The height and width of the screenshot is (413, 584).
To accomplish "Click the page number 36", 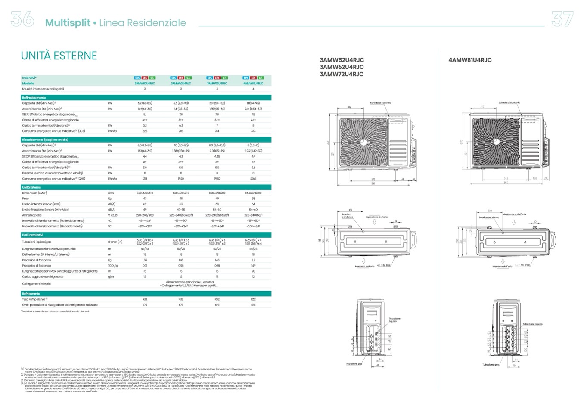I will (x=22, y=19).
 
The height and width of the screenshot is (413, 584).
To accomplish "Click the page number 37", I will (x=562, y=19).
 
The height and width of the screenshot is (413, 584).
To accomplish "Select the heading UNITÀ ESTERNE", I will (x=59, y=56).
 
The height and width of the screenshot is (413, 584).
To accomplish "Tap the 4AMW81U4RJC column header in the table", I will (x=253, y=83).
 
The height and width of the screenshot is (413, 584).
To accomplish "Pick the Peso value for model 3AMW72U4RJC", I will (x=217, y=199).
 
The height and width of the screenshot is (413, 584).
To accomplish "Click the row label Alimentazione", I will (x=32, y=215).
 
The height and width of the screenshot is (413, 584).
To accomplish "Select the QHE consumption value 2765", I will (x=253, y=178).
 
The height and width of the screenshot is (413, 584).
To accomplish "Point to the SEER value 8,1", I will (x=145, y=115).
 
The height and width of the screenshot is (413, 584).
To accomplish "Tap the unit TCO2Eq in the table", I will (x=113, y=266).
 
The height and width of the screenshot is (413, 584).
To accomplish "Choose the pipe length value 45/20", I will (x=145, y=249).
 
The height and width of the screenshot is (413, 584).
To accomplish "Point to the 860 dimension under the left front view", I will (x=373, y=183).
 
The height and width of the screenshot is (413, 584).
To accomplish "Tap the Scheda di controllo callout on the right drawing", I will (x=509, y=102).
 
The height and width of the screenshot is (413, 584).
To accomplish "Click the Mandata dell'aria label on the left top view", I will (x=364, y=267).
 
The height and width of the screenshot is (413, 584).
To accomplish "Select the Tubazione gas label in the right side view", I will (x=491, y=365).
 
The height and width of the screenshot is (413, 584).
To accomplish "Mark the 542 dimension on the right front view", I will (x=506, y=178).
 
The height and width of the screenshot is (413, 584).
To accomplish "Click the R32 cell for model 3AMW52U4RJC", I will (x=145, y=299).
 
